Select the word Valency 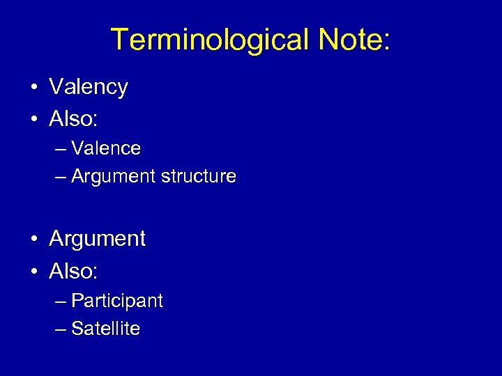click(x=89, y=88)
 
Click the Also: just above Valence click(x=73, y=118)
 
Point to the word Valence click(x=106, y=148)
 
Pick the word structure click(x=199, y=177)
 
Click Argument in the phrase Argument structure click(x=114, y=177)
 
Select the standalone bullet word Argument click(x=98, y=240)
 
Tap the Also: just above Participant click(x=73, y=270)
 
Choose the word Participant click(x=117, y=301)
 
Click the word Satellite click(x=106, y=329)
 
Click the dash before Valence click(x=61, y=149)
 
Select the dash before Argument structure click(x=61, y=177)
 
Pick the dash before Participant click(x=61, y=301)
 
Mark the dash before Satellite click(x=61, y=329)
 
